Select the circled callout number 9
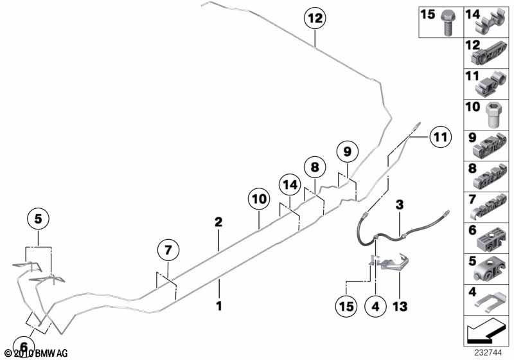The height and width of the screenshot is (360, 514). click(347, 152)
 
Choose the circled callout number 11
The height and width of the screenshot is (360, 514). click(439, 136)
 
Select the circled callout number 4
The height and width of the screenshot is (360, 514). click(375, 306)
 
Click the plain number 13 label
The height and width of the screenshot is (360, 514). click(400, 306)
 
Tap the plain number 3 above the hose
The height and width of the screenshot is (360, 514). click(399, 205)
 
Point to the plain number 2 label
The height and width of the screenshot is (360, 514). click(218, 222)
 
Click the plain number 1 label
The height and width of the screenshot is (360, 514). click(218, 306)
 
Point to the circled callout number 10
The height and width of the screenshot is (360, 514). click(259, 200)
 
